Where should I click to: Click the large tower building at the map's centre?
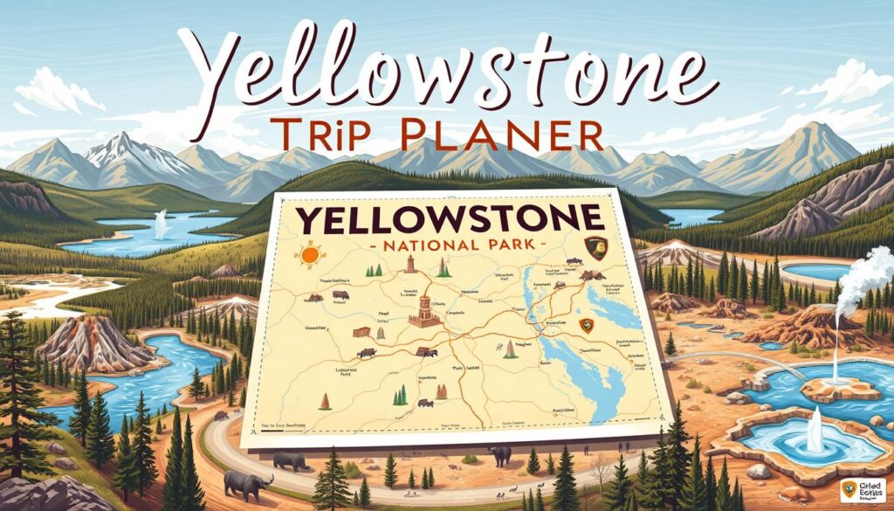pyautogui.click(x=425, y=306)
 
